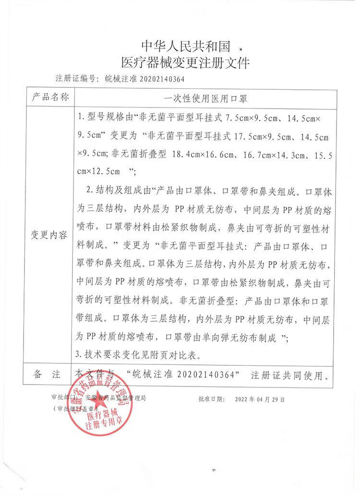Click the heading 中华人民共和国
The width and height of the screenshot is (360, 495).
[x=186, y=46]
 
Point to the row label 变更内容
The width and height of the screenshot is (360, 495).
[x=50, y=235]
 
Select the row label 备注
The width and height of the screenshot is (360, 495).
[x=50, y=374]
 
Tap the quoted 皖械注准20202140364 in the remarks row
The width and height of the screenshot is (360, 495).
[x=184, y=374]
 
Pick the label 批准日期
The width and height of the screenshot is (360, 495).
[x=210, y=399]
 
